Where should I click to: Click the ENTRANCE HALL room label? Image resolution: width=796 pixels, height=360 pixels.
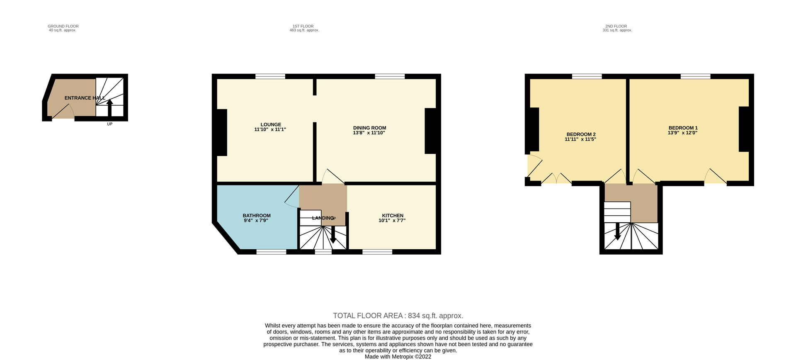pyautogui.click(x=85, y=98)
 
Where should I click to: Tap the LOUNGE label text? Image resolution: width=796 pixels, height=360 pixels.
pyautogui.click(x=271, y=124)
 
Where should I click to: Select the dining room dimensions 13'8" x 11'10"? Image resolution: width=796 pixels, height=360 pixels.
pyautogui.click(x=369, y=133)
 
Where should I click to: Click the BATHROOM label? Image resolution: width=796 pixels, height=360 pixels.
pyautogui.click(x=257, y=216)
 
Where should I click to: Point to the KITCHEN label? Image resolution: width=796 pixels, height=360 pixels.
pyautogui.click(x=392, y=216)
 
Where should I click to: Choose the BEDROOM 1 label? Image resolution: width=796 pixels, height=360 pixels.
pyautogui.click(x=683, y=128)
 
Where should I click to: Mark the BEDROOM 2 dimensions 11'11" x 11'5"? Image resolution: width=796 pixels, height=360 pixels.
pyautogui.click(x=580, y=140)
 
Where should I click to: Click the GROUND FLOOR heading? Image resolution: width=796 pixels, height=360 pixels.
pyautogui.click(x=63, y=26)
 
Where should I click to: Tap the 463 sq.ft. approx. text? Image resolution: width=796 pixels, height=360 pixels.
pyautogui.click(x=304, y=30)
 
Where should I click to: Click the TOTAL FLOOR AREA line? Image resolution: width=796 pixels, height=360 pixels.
pyautogui.click(x=398, y=316)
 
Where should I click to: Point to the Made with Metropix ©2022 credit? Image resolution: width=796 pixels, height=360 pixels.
pyautogui.click(x=398, y=357)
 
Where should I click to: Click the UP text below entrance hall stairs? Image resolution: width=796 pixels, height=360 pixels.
pyautogui.click(x=109, y=124)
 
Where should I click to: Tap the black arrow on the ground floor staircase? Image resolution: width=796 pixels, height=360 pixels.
pyautogui.click(x=109, y=107)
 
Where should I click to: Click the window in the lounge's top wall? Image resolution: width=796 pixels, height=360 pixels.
pyautogui.click(x=270, y=76)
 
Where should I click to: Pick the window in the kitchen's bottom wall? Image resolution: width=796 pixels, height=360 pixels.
pyautogui.click(x=377, y=252)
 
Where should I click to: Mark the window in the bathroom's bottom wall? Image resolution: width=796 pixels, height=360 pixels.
pyautogui.click(x=271, y=252)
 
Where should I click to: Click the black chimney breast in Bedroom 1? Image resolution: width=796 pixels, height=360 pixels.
pyautogui.click(x=744, y=129)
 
